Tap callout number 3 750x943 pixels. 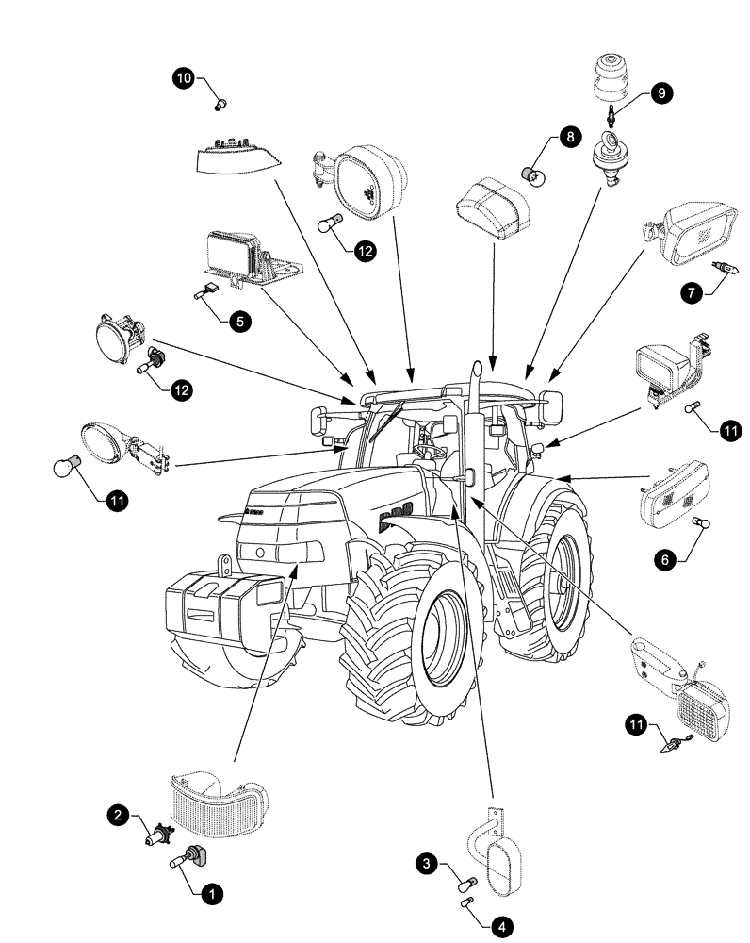tap(427, 862)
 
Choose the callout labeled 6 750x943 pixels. tap(665, 560)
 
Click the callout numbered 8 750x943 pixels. tap(569, 138)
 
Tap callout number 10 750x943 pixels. tap(184, 78)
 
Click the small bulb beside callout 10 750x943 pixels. tap(222, 102)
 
